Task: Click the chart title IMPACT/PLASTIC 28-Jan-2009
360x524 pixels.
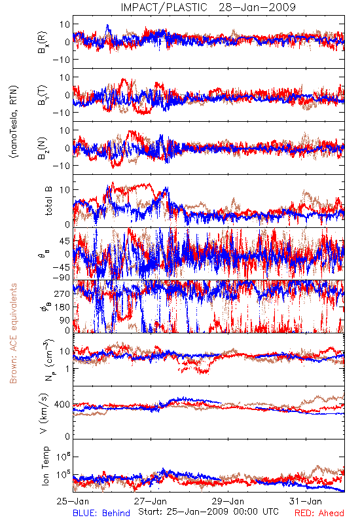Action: click(208, 7)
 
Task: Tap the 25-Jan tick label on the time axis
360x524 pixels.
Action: click(73, 501)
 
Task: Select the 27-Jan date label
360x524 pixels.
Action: click(151, 501)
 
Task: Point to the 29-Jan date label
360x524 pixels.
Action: click(228, 501)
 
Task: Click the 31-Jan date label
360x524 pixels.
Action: click(306, 501)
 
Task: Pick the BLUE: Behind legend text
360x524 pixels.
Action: click(101, 513)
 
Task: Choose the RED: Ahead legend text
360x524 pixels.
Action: click(319, 513)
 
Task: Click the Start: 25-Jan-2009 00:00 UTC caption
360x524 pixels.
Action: click(208, 512)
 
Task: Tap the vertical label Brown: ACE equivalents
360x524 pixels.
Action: click(13, 333)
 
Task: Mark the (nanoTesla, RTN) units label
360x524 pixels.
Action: click(14, 121)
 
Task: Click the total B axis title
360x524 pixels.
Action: click(48, 201)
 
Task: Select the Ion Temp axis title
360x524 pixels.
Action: click(45, 466)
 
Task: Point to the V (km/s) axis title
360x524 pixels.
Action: click(45, 413)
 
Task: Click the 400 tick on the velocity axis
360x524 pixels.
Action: click(62, 404)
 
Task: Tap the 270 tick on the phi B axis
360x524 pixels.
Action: click(62, 293)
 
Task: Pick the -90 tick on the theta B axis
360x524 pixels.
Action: click(62, 277)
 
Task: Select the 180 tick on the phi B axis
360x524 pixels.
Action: click(62, 307)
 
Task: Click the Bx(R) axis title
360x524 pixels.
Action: click(42, 42)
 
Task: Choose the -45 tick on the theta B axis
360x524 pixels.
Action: click(62, 267)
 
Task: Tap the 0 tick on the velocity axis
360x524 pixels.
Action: click(67, 436)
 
